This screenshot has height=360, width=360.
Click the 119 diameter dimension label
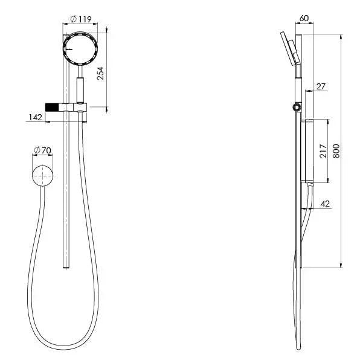[x=84, y=19]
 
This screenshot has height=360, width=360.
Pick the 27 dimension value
[x=321, y=86]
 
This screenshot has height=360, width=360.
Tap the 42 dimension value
[x=325, y=204]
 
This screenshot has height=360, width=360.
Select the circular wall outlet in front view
[x=42, y=175]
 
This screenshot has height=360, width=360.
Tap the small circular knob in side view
[x=296, y=108]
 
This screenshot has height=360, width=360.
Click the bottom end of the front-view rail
[x=66, y=266]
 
